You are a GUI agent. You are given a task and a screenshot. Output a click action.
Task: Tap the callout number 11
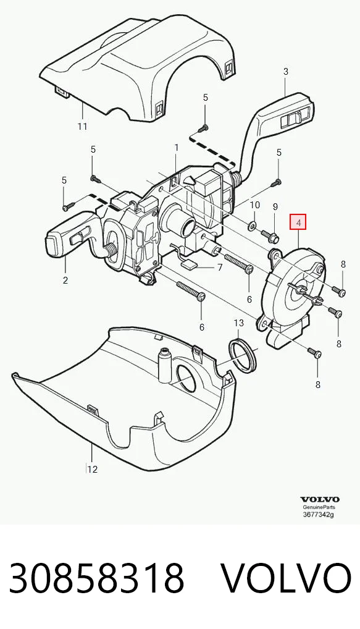click(82, 127)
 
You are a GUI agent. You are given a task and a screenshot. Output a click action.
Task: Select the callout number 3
click(286, 72)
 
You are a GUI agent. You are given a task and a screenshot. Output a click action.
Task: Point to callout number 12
click(92, 469)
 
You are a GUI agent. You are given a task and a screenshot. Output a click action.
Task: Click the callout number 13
click(238, 323)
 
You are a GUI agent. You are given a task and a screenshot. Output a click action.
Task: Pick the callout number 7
click(220, 267)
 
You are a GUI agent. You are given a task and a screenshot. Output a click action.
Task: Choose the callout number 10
click(255, 205)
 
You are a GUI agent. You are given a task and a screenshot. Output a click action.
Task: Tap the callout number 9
click(275, 207)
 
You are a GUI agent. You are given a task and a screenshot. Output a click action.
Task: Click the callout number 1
click(177, 148)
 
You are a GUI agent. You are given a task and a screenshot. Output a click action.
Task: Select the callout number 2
click(65, 281)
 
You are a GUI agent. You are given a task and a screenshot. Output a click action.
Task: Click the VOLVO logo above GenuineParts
click(320, 499)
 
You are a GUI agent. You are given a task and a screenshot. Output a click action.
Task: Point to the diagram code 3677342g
click(318, 515)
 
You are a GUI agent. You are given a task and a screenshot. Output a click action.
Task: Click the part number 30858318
click(96, 578)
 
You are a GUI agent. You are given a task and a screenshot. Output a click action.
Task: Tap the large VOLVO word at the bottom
click(287, 578)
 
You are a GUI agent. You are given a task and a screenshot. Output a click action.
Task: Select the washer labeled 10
click(253, 225)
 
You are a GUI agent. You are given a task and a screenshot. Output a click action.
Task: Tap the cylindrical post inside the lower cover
click(164, 365)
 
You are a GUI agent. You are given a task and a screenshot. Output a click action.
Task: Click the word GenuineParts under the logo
click(319, 507)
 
